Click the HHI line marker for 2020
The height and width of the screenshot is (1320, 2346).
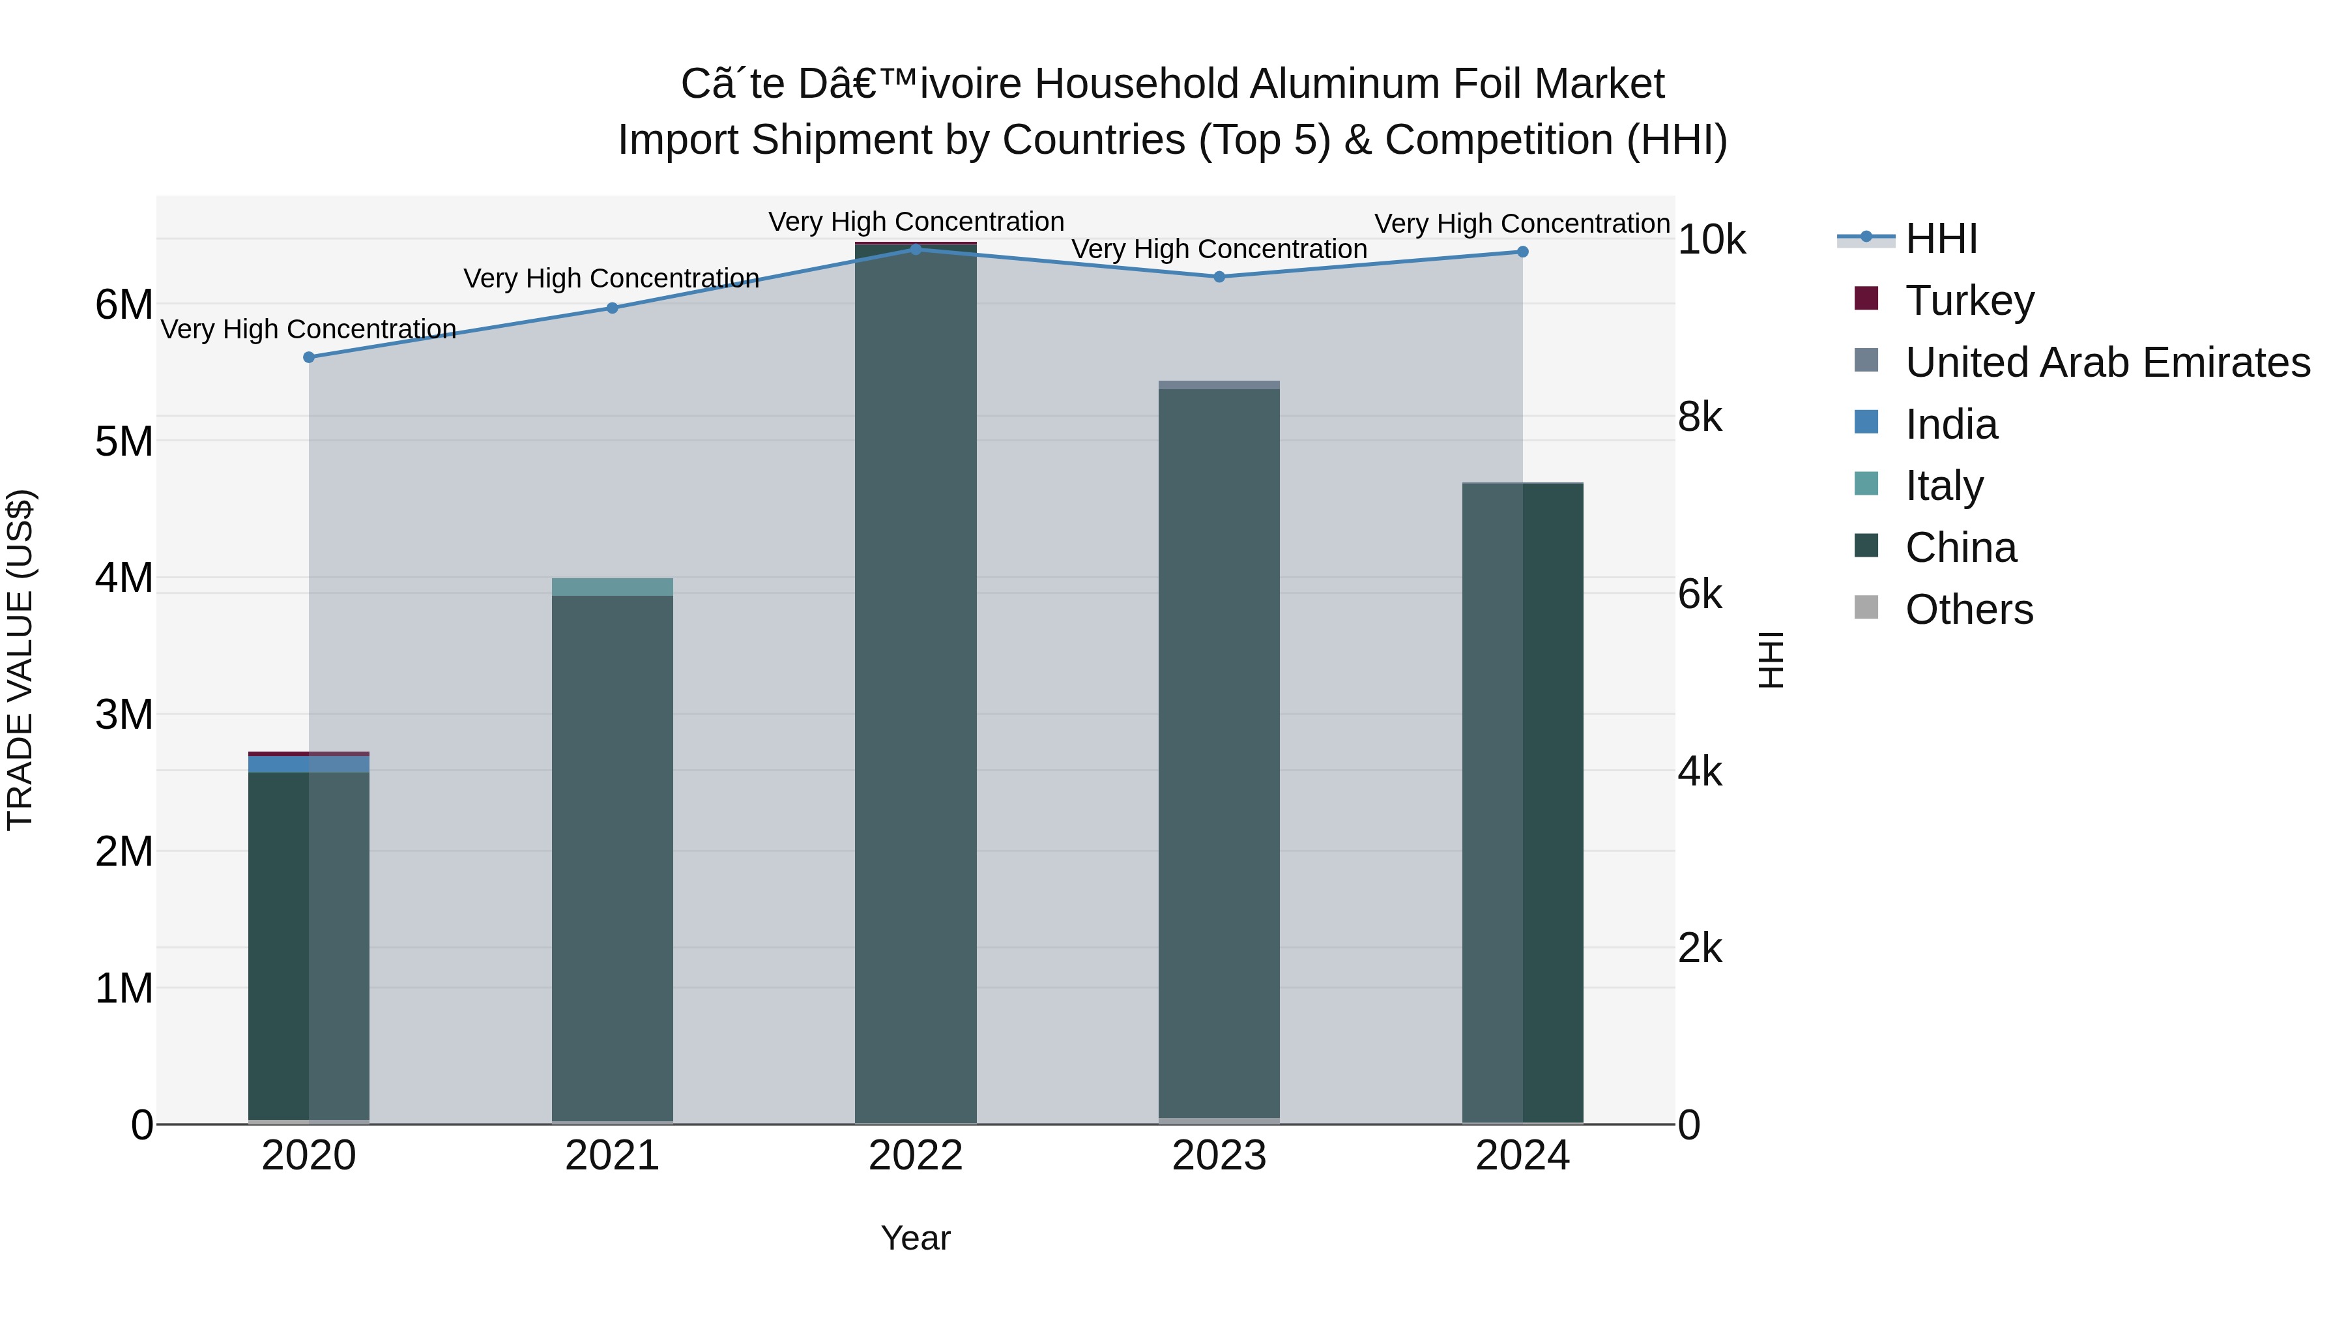(309, 357)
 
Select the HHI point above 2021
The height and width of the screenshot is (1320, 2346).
(612, 308)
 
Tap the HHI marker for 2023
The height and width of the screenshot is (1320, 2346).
(1219, 277)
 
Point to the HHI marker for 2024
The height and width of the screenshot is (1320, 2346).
(1523, 252)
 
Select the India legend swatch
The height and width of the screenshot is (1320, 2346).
(1866, 422)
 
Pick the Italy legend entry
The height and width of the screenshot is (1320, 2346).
(1945, 486)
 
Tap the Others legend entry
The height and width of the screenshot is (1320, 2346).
(1969, 609)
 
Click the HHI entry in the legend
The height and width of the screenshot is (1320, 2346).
(1941, 239)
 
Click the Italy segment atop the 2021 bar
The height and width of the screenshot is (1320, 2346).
(612, 587)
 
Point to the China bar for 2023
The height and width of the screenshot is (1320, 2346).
(1219, 747)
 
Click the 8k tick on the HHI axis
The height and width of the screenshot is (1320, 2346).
(1700, 417)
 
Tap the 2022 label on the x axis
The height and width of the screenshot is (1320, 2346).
(916, 1156)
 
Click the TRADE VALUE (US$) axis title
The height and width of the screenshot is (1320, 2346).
(20, 660)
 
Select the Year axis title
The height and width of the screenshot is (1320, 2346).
(916, 1238)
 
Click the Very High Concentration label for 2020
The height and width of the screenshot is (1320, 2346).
(309, 329)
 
